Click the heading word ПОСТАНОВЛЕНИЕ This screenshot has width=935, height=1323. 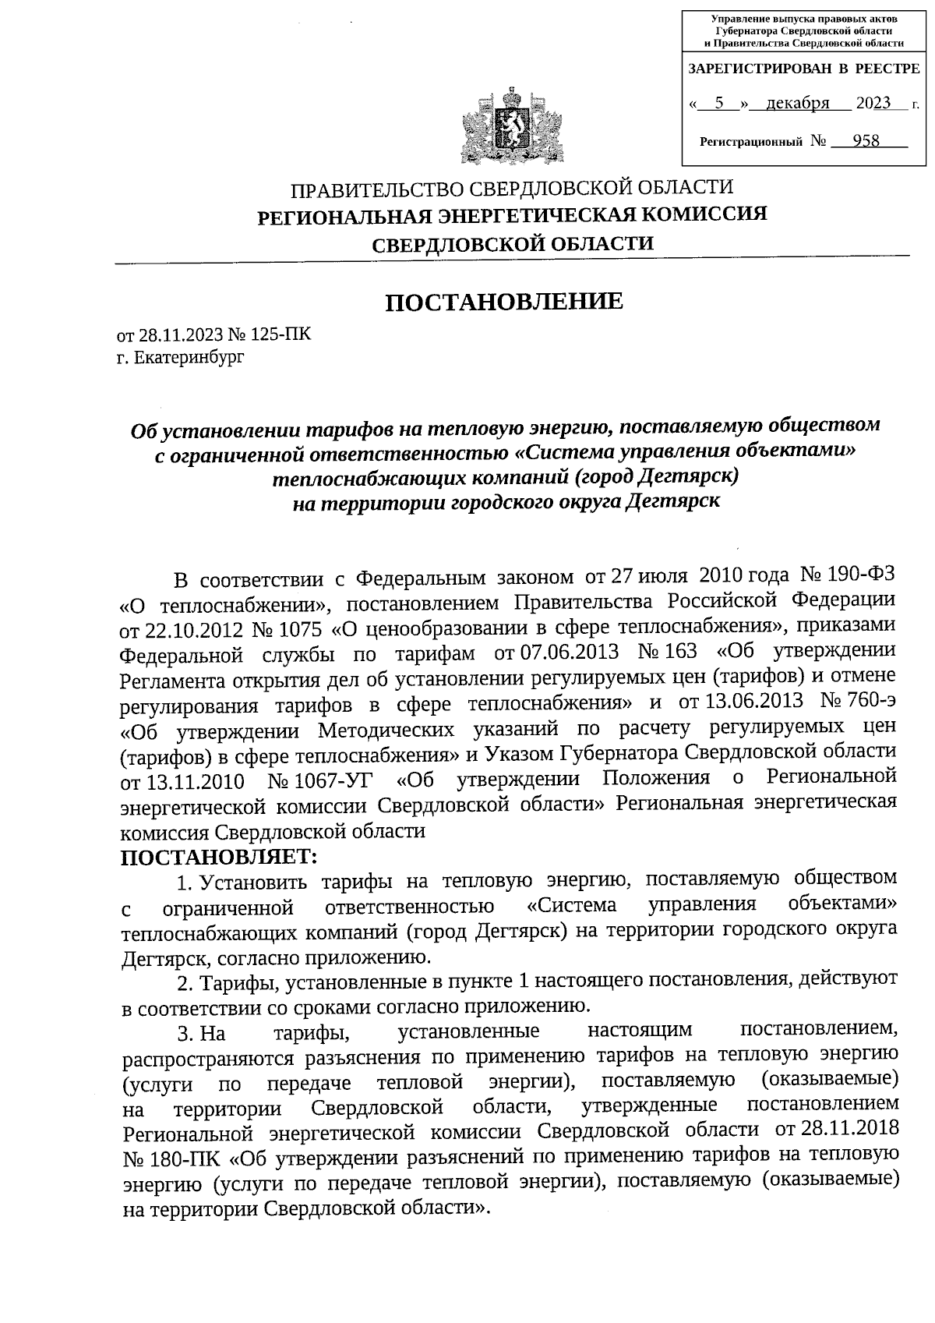point(505,302)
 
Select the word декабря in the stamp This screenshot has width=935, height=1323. point(797,103)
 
